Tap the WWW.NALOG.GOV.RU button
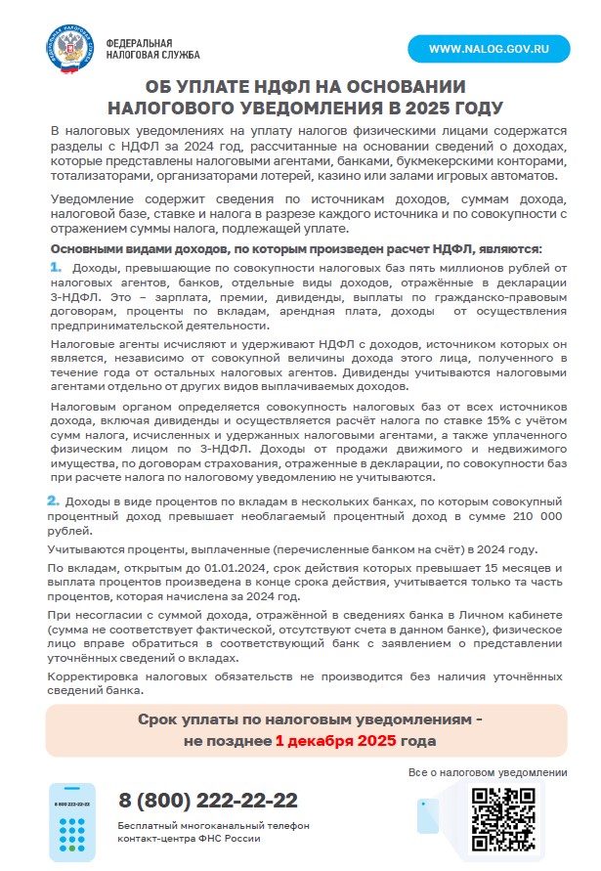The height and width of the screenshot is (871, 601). tap(488, 48)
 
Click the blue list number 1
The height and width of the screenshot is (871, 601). tap(55, 267)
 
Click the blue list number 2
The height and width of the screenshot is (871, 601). tap(55, 501)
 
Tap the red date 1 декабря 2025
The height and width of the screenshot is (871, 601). tap(335, 740)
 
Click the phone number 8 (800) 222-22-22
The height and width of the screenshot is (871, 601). tap(208, 800)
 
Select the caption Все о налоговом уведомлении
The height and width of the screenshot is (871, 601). tap(488, 772)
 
